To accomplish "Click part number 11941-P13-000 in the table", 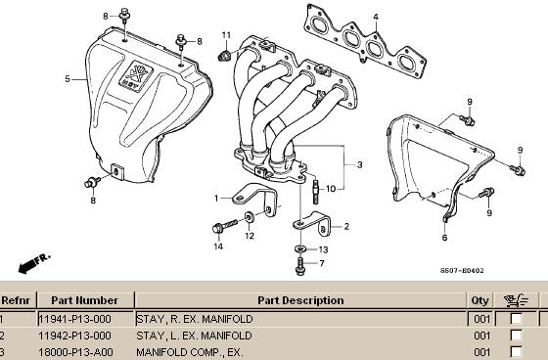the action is [x=74, y=319].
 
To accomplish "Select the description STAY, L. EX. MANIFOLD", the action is [x=194, y=336].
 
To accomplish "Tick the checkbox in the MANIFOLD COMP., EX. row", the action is [x=516, y=352].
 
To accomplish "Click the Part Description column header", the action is [x=300, y=300].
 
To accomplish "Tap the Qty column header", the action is [x=479, y=300].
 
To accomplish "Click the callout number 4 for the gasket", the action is [x=376, y=17].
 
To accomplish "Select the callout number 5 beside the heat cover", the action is [x=68, y=79].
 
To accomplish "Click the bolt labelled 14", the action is [x=224, y=226].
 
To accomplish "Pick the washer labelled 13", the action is [x=300, y=248].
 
